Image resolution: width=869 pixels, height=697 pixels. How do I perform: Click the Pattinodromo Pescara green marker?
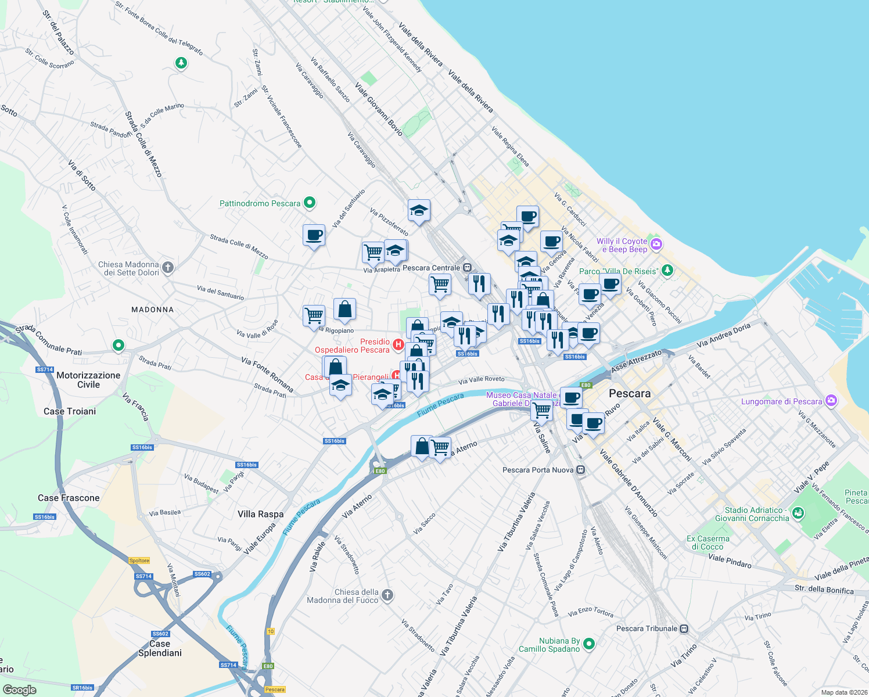310,203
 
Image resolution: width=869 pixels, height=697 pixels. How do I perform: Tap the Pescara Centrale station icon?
466,268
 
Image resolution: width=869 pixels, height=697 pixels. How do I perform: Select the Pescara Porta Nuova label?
538,470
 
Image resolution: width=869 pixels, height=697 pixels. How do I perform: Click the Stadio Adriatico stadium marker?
798,513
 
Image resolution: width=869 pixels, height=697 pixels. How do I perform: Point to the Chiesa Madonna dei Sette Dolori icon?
168,267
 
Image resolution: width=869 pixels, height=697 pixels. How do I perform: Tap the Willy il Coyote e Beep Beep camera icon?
656,244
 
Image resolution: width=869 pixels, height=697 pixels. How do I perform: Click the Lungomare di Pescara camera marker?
831,401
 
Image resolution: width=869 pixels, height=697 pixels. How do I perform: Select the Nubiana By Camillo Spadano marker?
589,644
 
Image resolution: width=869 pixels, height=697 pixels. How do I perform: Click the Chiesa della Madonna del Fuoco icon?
387,595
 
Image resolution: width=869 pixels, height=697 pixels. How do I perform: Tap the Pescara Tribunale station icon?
684,628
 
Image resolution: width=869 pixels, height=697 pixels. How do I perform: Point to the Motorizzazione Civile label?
88,380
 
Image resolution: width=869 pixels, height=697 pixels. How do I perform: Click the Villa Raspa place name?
261,514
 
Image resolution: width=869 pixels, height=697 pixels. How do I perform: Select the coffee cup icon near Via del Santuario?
314,235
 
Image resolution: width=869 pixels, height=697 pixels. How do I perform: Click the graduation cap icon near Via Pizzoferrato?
418,210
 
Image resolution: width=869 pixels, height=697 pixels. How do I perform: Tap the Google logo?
19,689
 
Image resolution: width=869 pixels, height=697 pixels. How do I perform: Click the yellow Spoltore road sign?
139,561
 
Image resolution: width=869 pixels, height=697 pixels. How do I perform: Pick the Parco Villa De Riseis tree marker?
668,270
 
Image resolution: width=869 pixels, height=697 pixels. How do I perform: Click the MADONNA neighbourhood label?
152,310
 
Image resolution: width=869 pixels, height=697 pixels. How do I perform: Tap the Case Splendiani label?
160,648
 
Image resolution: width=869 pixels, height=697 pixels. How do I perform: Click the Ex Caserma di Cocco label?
708,542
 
